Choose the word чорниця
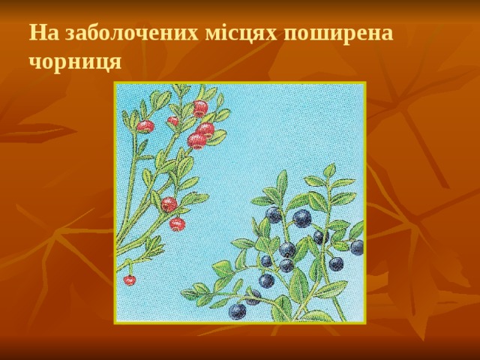[75, 61]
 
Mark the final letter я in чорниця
[113, 62]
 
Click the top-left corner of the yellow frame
[115, 82]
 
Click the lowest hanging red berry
[130, 280]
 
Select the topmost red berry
[200, 107]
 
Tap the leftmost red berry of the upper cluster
[145, 126]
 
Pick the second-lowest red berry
[177, 223]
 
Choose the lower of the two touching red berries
[197, 141]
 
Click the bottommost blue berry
[237, 310]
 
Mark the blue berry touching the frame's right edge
[357, 247]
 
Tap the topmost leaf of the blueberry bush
[328, 171]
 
